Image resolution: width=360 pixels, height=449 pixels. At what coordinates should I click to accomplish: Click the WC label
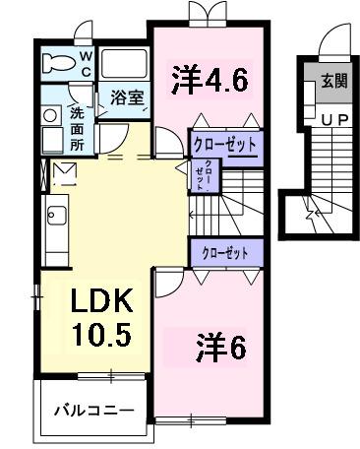point(86,64)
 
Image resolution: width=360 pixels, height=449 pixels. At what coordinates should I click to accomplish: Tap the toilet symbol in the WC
point(59,66)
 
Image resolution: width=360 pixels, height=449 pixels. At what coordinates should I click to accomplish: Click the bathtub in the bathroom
point(123,65)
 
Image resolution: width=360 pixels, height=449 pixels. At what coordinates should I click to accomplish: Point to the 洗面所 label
point(77,126)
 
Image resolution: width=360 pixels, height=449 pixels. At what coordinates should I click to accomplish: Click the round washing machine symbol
point(52,114)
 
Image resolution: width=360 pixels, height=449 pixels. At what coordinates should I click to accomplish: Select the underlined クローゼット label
point(224,146)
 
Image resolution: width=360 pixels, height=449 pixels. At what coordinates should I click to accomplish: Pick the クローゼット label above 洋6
point(224,253)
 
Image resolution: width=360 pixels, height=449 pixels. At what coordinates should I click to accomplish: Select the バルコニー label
point(93,408)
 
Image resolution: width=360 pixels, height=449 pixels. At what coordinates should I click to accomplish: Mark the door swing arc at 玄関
point(330,50)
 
